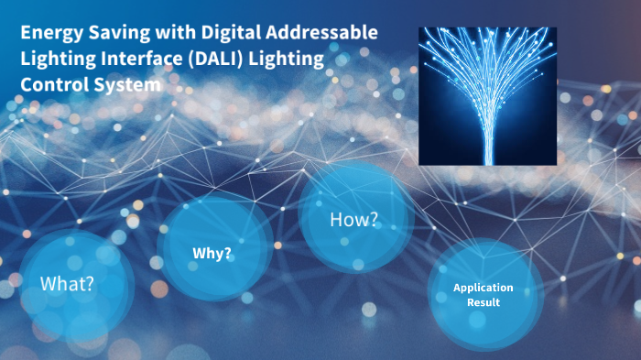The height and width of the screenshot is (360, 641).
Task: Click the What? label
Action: click(67, 283)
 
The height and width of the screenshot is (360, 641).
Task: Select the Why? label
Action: click(212, 253)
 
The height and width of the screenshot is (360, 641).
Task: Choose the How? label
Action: click(353, 220)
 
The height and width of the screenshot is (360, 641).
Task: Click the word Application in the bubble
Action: click(483, 288)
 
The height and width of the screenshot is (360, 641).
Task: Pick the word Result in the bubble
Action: click(483, 302)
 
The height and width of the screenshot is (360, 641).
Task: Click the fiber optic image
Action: click(487, 95)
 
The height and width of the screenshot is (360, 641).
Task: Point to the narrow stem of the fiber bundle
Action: click(487, 147)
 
